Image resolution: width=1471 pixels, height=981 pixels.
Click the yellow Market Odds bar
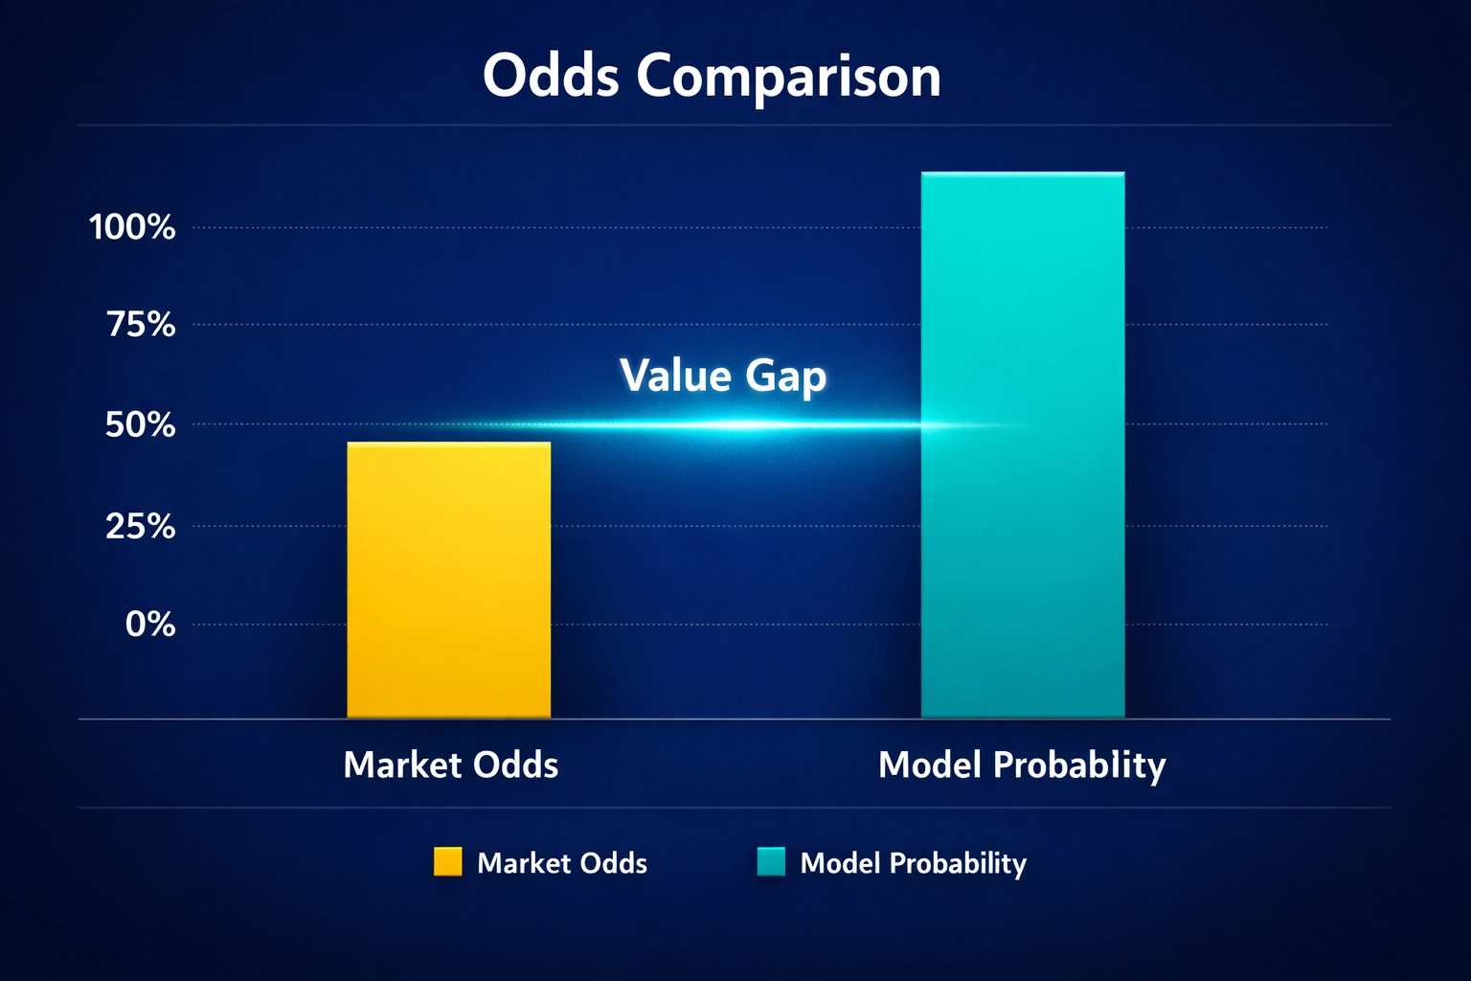448,580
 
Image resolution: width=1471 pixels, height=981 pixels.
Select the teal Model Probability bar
1022,445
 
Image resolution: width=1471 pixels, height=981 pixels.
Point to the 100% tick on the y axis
132,227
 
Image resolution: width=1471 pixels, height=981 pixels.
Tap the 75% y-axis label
141,325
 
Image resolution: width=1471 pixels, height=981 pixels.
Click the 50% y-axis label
140,424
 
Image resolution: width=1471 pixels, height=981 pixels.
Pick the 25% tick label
140,526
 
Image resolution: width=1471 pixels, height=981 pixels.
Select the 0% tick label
150,625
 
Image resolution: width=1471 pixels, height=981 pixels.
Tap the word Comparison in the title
788,77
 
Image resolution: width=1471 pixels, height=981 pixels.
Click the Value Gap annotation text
723,375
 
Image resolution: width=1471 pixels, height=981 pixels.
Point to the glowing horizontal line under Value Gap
728,424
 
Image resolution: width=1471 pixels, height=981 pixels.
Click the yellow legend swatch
447,861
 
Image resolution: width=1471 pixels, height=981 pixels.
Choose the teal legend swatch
771,861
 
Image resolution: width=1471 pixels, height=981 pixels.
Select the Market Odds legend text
562,863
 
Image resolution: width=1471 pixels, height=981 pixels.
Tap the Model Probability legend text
913,863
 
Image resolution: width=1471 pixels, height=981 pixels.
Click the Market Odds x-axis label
450,764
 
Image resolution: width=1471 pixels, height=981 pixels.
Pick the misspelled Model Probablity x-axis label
1022,764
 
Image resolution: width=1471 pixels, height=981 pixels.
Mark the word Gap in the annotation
785,376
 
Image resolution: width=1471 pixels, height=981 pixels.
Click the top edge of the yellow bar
448,444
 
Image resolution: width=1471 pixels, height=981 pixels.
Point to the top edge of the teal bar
1022,173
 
